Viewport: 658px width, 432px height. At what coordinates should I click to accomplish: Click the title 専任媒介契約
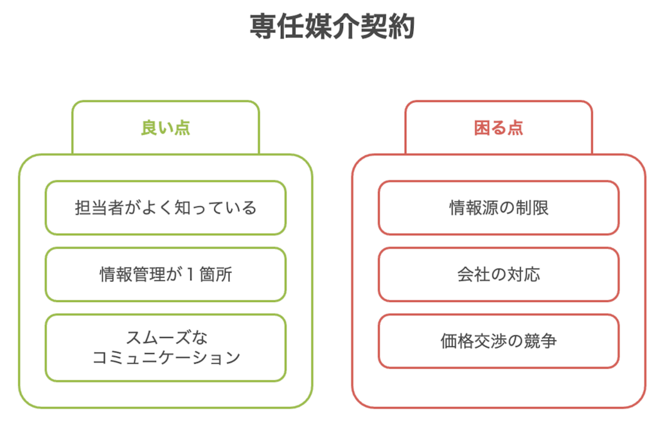pyautogui.click(x=332, y=26)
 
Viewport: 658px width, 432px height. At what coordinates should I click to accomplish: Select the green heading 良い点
pyautogui.click(x=166, y=128)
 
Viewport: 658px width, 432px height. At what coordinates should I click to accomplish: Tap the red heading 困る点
pyautogui.click(x=499, y=128)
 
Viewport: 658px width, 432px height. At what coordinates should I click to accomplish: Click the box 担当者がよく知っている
pyautogui.click(x=166, y=208)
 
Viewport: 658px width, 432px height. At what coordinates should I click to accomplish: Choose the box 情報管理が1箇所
pyautogui.click(x=166, y=274)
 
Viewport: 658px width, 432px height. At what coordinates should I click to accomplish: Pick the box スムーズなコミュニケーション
pyautogui.click(x=166, y=348)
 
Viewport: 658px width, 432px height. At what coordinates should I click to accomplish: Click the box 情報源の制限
pyautogui.click(x=499, y=208)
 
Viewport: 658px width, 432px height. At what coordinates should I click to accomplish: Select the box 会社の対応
pyautogui.click(x=499, y=274)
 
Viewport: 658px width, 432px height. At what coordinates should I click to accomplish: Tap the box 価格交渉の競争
pyautogui.click(x=499, y=341)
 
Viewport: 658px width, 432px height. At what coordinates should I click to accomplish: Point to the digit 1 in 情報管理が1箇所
pyautogui.click(x=190, y=274)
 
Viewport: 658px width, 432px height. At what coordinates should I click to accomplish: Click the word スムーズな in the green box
pyautogui.click(x=166, y=337)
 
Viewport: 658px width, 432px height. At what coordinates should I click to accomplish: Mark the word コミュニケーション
pyautogui.click(x=166, y=357)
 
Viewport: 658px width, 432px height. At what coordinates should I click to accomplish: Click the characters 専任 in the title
pyautogui.click(x=277, y=26)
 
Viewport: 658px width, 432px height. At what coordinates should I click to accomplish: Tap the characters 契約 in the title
pyautogui.click(x=387, y=26)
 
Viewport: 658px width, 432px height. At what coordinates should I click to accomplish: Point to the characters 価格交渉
pyautogui.click(x=474, y=341)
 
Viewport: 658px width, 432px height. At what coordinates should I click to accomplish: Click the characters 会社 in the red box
pyautogui.click(x=474, y=274)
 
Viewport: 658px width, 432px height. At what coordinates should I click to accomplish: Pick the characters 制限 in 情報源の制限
pyautogui.click(x=531, y=208)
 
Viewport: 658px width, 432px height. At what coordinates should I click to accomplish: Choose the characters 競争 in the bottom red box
pyautogui.click(x=540, y=341)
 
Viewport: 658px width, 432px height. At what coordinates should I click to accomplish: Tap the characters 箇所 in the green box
pyautogui.click(x=216, y=274)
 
